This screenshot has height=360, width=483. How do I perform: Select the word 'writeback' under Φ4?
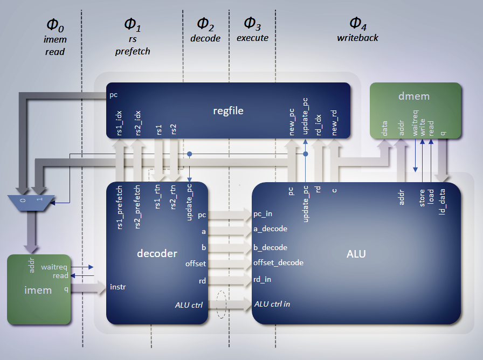point(357,38)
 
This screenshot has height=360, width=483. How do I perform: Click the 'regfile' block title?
point(229,111)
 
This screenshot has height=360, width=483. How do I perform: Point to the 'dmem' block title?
point(415,97)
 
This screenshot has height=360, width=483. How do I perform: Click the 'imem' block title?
point(38,290)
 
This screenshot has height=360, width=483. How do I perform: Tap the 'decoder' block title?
point(157,253)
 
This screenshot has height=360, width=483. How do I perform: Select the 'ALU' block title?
point(356,253)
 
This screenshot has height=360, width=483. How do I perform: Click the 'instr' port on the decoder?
point(118,286)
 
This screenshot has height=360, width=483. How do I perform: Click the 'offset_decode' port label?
point(278,263)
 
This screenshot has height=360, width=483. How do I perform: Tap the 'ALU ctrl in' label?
point(272,304)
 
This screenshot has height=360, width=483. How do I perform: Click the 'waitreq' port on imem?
point(54,267)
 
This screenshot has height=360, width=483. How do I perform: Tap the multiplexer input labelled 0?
point(23,199)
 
